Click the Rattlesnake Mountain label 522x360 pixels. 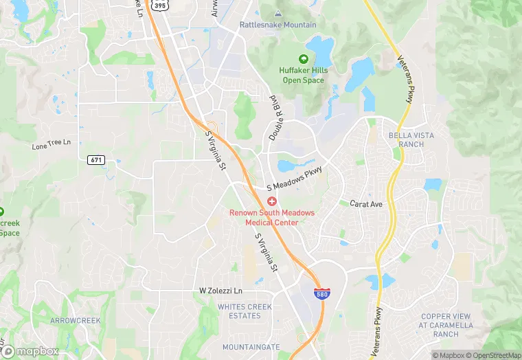pos(277,25)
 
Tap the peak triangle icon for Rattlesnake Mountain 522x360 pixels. pos(277,14)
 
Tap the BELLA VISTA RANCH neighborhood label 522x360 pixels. pos(411,139)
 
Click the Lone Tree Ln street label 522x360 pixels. pos(52,145)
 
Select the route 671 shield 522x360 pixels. pos(96,160)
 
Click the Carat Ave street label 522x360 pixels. pos(365,204)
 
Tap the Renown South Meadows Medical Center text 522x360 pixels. pos(272,217)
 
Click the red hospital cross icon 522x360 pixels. pos(272,201)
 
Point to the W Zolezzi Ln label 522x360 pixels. pos(220,291)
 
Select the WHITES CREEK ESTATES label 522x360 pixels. pos(239,311)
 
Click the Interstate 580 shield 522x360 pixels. pos(321,294)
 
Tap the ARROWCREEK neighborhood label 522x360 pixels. pos(75,321)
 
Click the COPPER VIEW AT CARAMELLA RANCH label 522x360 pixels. pos(446,325)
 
